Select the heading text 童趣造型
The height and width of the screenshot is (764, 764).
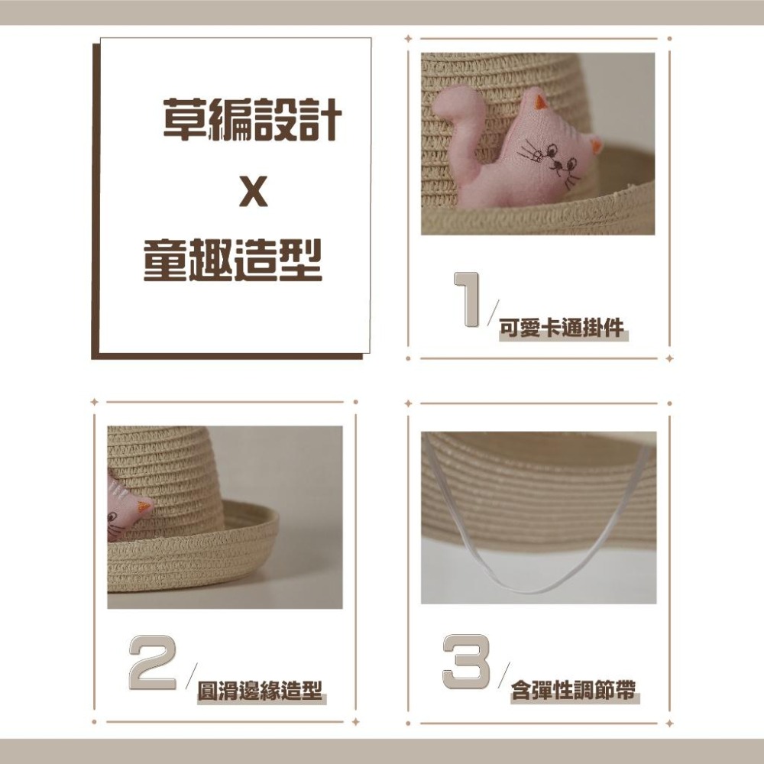pos(233,261)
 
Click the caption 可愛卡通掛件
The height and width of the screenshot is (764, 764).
pos(562,329)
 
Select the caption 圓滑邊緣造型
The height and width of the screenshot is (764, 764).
pos(259,692)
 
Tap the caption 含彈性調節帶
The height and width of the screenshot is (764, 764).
pos(574,692)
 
